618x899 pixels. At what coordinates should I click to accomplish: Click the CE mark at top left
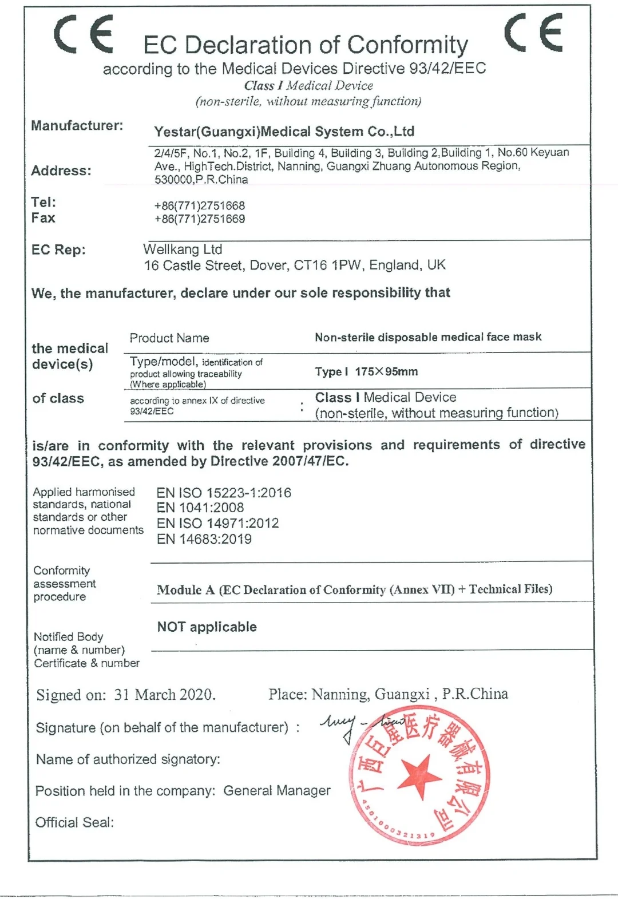pyautogui.click(x=84, y=34)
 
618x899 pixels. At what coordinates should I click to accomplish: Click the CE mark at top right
pyautogui.click(x=533, y=33)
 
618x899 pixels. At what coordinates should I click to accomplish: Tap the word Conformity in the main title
pyautogui.click(x=407, y=45)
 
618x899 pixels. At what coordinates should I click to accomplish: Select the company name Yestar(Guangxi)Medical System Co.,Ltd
pyautogui.click(x=284, y=132)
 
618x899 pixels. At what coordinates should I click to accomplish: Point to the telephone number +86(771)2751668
pyautogui.click(x=199, y=205)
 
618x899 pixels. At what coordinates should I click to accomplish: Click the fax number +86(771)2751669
pyautogui.click(x=199, y=219)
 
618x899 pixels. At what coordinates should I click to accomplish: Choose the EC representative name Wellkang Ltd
pyautogui.click(x=183, y=249)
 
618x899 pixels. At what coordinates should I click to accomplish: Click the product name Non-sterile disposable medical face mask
pyautogui.click(x=428, y=337)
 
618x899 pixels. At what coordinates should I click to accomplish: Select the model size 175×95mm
pyautogui.click(x=386, y=371)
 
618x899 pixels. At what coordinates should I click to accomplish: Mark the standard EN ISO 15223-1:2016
pyautogui.click(x=224, y=493)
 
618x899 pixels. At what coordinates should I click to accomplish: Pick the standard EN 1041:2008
pyautogui.click(x=200, y=508)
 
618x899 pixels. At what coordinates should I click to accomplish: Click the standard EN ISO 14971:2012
pyautogui.click(x=217, y=523)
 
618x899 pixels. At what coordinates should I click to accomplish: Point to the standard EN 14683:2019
pyautogui.click(x=204, y=539)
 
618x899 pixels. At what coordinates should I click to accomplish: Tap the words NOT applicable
pyautogui.click(x=207, y=627)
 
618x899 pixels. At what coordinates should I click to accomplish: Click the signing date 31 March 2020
pyautogui.click(x=164, y=695)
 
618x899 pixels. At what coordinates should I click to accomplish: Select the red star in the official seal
pyautogui.click(x=419, y=777)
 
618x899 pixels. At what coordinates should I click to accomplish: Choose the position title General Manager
pyautogui.click(x=277, y=791)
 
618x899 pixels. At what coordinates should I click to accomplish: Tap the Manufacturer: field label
pyautogui.click(x=77, y=126)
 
